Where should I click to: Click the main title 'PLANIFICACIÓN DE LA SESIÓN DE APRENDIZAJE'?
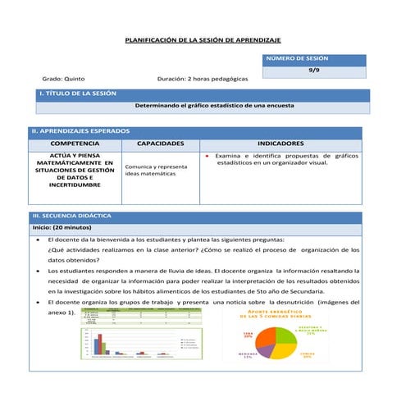tap(202, 39)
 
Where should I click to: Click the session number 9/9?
tap(314, 71)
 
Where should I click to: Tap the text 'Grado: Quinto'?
tap(63, 80)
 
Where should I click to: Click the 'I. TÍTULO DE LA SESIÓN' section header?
tap(78, 94)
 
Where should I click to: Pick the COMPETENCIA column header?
tap(75, 144)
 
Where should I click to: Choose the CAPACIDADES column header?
tap(160, 144)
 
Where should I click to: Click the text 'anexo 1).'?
tap(62, 313)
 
